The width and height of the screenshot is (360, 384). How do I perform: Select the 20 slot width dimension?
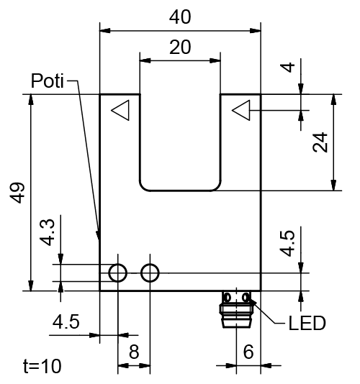pos(179,47)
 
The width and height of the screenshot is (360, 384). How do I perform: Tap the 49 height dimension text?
pos(18,193)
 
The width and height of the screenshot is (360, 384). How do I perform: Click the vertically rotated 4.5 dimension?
pos(288,243)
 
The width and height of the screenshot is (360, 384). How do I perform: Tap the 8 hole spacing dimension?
pos(134,352)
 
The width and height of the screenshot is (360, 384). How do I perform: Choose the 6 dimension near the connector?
pos(248,352)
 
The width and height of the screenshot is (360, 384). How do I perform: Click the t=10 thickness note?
pos(42,366)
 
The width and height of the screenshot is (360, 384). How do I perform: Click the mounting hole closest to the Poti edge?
pos(117,273)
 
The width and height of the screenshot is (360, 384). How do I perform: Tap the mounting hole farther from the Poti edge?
pos(150,273)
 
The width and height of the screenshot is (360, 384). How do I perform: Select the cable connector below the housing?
pos(236,307)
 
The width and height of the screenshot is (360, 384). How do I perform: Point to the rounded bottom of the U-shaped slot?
pos(179,190)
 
